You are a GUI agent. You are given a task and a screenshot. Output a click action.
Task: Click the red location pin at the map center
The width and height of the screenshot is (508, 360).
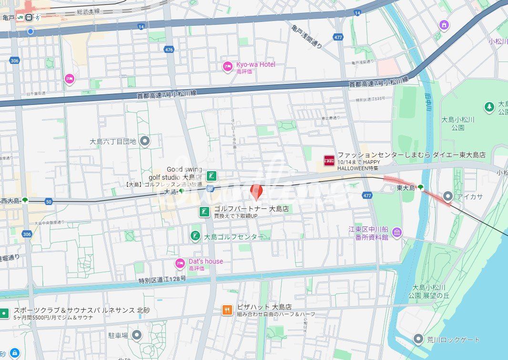256,192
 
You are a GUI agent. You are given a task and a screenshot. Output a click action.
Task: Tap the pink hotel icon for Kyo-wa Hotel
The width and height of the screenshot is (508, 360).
228,67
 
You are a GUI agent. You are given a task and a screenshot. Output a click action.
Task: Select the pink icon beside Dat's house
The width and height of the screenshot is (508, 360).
180,264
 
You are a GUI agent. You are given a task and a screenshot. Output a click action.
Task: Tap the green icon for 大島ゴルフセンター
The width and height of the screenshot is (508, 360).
195,236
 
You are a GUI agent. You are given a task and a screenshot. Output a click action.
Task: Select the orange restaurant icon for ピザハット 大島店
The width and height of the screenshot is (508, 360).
227,310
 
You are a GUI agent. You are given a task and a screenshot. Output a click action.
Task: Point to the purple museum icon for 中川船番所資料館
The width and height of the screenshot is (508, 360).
397,233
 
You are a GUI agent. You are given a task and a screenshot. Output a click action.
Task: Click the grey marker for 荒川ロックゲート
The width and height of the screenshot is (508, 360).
418,339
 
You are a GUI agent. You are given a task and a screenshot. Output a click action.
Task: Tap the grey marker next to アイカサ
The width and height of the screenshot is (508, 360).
447,196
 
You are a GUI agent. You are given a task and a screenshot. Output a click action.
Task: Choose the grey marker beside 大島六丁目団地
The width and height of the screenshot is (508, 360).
145,141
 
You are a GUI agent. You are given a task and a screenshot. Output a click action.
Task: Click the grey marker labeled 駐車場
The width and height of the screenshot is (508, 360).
137,335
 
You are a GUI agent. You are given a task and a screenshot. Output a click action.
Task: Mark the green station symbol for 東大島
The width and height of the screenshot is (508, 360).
420,188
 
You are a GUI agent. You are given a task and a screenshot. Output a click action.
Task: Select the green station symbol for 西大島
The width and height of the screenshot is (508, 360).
25,201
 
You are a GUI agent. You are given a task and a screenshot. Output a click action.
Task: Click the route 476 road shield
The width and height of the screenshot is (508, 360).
168,49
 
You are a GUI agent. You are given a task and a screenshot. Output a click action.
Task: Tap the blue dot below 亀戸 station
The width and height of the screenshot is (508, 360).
30,31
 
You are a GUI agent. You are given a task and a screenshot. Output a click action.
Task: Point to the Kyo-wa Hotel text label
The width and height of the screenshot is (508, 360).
255,64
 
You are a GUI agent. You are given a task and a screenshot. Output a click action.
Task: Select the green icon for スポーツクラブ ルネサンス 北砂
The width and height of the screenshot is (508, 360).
4,313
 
